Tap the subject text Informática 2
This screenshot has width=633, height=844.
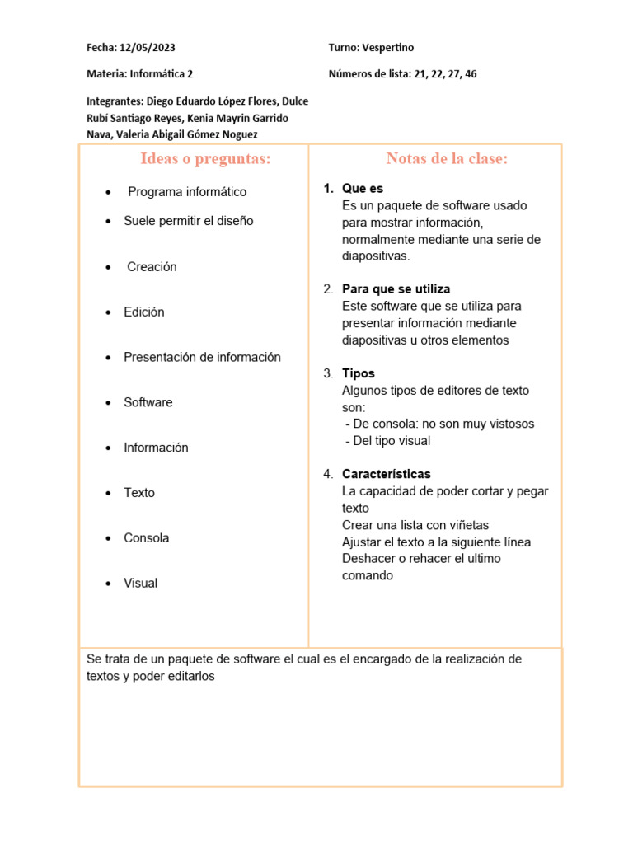pyautogui.click(x=161, y=74)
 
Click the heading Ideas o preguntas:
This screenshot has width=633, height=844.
pyautogui.click(x=205, y=159)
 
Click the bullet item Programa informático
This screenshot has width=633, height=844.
pyautogui.click(x=187, y=192)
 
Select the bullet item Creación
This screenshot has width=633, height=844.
pyautogui.click(x=152, y=267)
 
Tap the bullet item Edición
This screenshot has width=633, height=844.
pyautogui.click(x=144, y=312)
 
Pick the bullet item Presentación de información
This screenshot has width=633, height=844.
pyautogui.click(x=202, y=358)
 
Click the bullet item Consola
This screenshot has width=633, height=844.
pyautogui.click(x=146, y=538)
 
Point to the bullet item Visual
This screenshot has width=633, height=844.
pyautogui.click(x=140, y=584)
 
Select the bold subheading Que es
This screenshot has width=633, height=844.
pyautogui.click(x=363, y=189)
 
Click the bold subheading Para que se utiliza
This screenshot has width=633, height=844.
pyautogui.click(x=396, y=289)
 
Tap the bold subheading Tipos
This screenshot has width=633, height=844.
pyautogui.click(x=358, y=373)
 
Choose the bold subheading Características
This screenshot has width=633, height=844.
pyautogui.click(x=386, y=475)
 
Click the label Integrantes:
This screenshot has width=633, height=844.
pyautogui.click(x=115, y=101)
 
